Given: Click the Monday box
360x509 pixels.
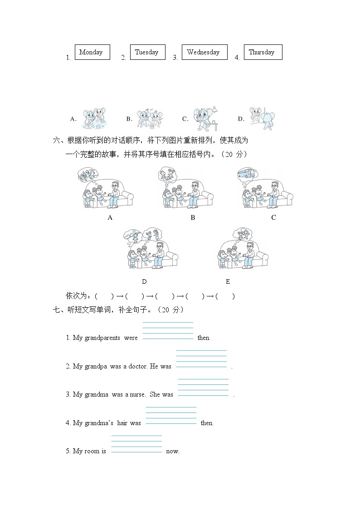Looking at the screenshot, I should tap(91, 52).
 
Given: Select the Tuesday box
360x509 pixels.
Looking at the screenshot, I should tap(147, 52).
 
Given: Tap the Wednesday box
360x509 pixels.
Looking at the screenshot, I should tap(203, 52).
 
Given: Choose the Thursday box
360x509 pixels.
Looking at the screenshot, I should tap(262, 52).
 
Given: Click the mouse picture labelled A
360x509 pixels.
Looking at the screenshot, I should tap(94, 119).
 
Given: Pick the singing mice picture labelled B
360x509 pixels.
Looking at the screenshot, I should tap(150, 119).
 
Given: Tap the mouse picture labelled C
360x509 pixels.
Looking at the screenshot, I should tap(205, 119).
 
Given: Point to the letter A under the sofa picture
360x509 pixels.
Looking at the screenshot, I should tap(110, 218).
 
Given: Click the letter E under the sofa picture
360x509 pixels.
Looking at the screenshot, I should tap(228, 281).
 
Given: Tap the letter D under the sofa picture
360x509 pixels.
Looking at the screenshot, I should tap(144, 281).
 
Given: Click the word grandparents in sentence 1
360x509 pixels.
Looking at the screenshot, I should tap(103, 338).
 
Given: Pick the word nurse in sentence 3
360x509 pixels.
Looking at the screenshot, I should tap(138, 395).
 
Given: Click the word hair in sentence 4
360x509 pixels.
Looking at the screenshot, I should tap(122, 423).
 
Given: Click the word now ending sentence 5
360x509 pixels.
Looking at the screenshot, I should tap(173, 451).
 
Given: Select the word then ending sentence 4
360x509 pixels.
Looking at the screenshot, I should tap(207, 423).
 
